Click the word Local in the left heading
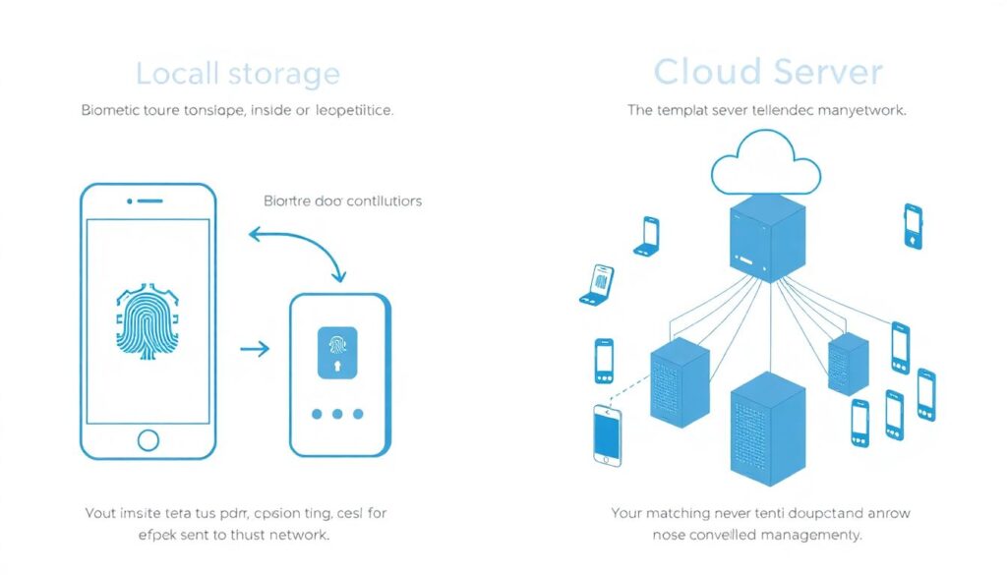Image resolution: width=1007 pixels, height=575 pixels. (177, 74)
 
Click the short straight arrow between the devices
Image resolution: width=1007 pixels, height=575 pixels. (255, 349)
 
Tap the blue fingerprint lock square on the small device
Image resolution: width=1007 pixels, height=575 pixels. (337, 353)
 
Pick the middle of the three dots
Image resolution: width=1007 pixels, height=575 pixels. (337, 414)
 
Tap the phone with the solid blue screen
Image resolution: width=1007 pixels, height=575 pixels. (607, 434)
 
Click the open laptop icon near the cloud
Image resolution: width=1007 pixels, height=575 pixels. (647, 235)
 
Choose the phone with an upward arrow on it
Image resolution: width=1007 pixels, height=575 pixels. (913, 225)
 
